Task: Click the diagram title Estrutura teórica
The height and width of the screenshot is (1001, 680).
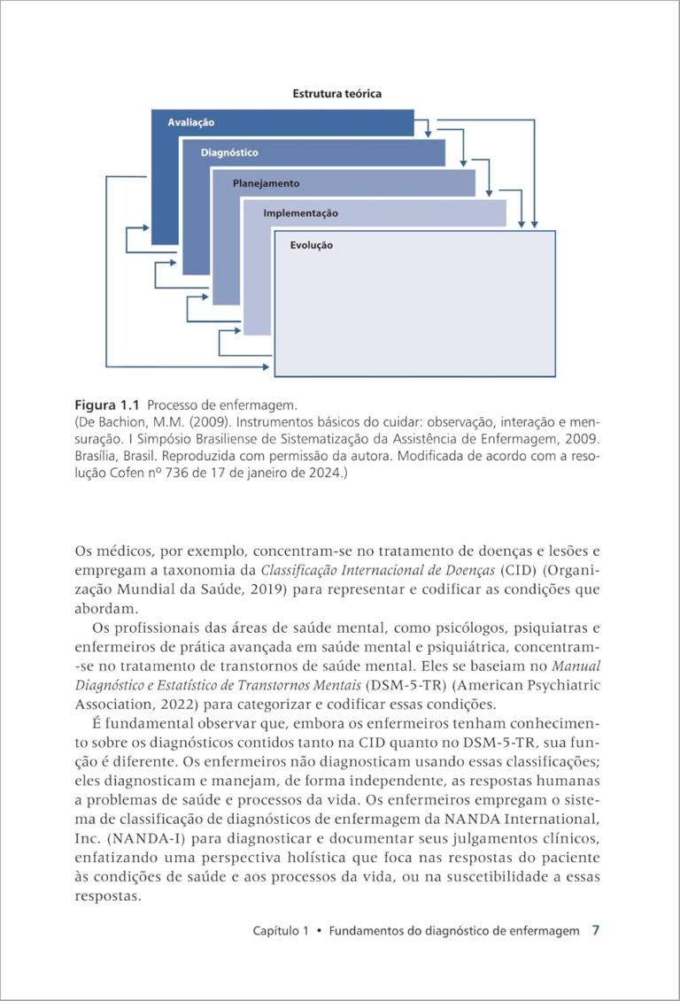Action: (337, 93)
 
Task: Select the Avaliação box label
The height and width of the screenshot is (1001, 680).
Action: (191, 122)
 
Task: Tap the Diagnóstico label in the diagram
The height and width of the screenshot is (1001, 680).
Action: (229, 153)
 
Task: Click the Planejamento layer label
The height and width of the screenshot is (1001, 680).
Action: (266, 183)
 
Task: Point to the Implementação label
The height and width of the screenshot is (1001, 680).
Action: (300, 213)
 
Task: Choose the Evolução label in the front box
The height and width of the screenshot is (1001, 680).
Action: (312, 245)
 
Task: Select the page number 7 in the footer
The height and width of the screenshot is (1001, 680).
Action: (596, 931)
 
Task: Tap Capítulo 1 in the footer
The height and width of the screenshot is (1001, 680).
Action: (280, 932)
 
